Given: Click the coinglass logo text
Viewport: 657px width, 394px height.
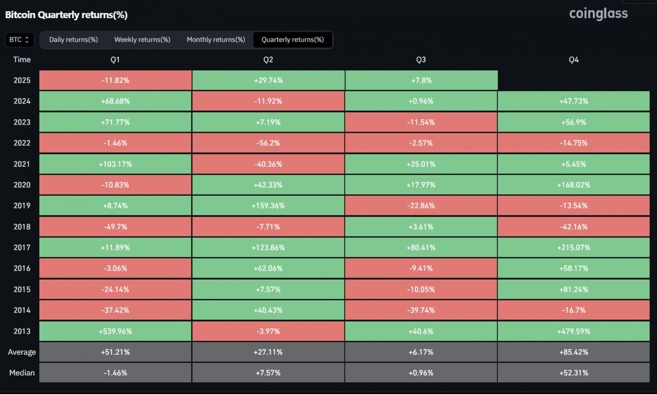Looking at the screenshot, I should tap(598, 14).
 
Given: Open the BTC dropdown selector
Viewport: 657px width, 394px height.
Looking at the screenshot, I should tap(20, 40).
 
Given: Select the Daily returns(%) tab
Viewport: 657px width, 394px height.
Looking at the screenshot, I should tap(74, 40).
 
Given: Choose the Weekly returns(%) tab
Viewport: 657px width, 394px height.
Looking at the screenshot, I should tap(142, 40).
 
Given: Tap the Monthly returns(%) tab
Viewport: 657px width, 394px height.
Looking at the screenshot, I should tap(216, 40).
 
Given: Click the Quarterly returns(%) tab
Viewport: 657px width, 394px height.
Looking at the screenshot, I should tap(293, 40).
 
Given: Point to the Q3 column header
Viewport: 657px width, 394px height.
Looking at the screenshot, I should tap(421, 60).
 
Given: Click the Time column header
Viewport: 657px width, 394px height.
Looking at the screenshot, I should tap(22, 60).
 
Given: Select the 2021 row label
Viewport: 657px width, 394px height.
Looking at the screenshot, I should tap(22, 164).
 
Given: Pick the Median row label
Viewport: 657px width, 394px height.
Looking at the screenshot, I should tap(22, 373).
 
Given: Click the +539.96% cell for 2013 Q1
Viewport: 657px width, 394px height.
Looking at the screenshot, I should tap(115, 331).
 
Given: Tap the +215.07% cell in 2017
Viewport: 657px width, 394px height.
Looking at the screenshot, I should tap(574, 247).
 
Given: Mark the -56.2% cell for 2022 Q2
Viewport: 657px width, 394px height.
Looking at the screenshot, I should tap(268, 143).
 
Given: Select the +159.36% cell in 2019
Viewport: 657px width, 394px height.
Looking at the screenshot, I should tap(268, 206).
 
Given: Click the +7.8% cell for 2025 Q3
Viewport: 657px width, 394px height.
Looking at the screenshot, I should tap(421, 80).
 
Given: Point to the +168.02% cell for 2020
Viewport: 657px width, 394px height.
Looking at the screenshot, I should tap(574, 185).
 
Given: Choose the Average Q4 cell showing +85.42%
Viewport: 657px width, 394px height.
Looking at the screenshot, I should tap(574, 352).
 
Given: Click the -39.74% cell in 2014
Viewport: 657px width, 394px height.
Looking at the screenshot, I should tap(421, 310).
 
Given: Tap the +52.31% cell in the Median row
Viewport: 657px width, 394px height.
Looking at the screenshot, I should tap(574, 373).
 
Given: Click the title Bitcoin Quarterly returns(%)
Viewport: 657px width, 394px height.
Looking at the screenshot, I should tap(66, 15).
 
